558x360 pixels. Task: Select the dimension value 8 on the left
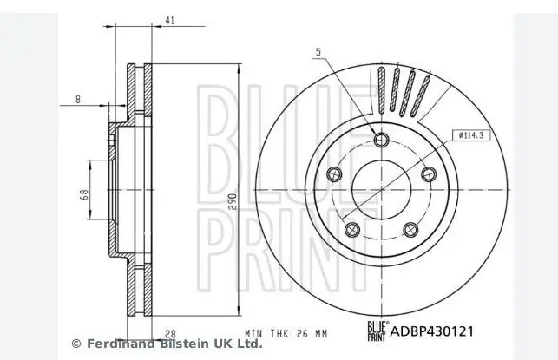(x=78, y=100)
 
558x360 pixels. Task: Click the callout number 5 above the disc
(x=318, y=54)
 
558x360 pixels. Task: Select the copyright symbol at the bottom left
(x=75, y=344)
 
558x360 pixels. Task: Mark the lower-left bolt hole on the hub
(x=351, y=230)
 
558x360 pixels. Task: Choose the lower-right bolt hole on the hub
(x=410, y=230)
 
